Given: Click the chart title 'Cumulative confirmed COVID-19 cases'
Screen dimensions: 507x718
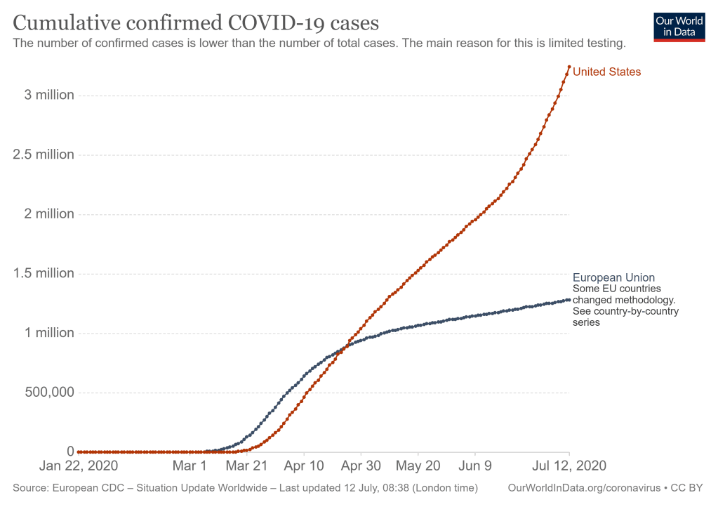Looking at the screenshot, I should point(197,23).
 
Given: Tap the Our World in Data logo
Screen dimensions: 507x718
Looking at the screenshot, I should point(678,27).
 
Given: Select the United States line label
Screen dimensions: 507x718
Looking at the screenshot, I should point(606,72).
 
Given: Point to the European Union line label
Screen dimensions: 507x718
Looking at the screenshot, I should point(613,277).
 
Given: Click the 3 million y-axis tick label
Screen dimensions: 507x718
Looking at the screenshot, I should point(49,95).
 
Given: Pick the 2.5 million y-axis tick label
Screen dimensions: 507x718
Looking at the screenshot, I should point(44,154).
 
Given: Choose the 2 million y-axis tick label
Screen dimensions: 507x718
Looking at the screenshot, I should point(49,213).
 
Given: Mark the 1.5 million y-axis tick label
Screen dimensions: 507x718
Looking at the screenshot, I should point(44,273).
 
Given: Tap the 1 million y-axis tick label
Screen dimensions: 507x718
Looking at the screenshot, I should point(49,333).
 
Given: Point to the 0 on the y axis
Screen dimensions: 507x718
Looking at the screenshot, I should point(70,451).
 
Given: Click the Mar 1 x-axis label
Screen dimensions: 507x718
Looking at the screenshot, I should point(190,466).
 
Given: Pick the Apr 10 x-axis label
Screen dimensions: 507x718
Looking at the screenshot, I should point(304,466).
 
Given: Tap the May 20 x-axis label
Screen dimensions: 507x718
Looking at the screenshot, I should point(418,466).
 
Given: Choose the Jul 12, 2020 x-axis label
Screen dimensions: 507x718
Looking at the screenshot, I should point(569,466).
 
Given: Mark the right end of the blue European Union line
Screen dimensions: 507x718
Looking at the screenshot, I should point(569,300).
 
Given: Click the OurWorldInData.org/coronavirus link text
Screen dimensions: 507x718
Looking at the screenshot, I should point(590,487).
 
